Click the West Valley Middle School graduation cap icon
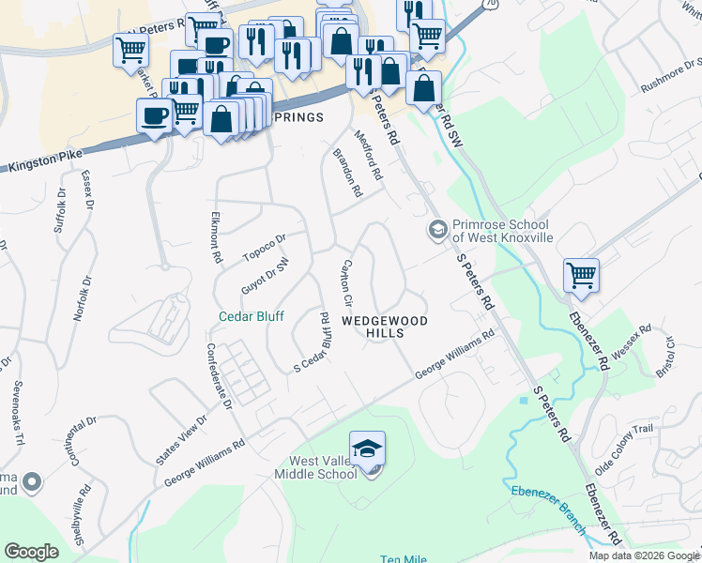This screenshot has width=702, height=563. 368,449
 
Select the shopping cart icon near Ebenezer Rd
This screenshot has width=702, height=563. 581,276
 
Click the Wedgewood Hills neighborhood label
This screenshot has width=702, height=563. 385,327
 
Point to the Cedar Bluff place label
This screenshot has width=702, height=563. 252,316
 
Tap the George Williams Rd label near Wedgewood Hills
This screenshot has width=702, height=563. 455,356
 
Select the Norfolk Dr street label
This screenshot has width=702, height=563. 83,299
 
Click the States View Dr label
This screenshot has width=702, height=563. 181,440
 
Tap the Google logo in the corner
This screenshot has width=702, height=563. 31,552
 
